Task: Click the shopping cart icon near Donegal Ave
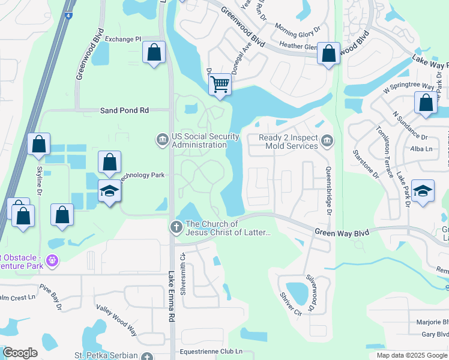click(220, 85)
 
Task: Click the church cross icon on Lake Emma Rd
click(176, 227)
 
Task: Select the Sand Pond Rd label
click(124, 110)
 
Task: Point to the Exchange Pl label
click(122, 39)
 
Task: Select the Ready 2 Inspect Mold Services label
click(288, 142)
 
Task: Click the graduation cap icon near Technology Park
click(109, 191)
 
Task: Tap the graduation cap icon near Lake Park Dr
click(423, 191)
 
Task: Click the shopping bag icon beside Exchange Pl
click(154, 52)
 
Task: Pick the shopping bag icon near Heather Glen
click(328, 53)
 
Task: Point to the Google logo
click(20, 353)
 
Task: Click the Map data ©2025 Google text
click(411, 355)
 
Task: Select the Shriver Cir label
click(290, 304)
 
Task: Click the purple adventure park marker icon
click(53, 260)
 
